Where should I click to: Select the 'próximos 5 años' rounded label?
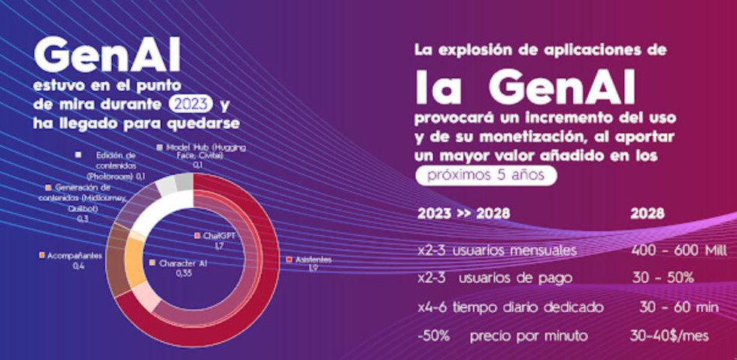(487, 175)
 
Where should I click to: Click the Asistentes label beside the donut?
(311, 264)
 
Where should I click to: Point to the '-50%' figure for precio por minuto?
(433, 335)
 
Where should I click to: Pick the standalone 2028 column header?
(648, 213)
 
